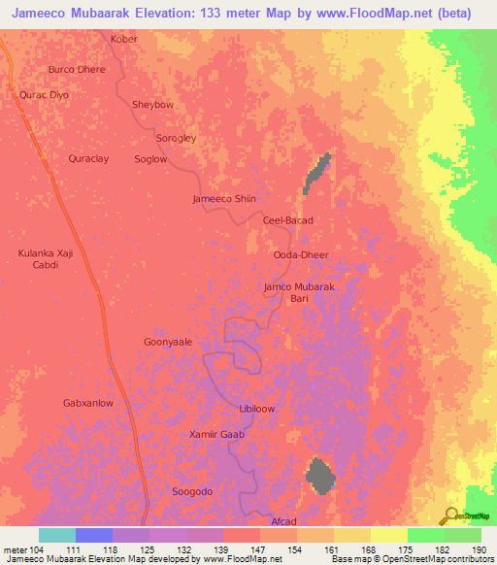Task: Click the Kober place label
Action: (x=124, y=39)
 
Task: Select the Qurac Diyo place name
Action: (x=45, y=95)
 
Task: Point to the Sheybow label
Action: (x=151, y=105)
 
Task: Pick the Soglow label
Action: (x=150, y=159)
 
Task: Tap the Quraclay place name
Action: (x=90, y=158)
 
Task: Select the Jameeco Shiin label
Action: (x=224, y=198)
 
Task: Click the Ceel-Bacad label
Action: (x=288, y=220)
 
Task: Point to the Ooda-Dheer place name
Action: (x=301, y=254)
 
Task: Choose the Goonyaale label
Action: (x=168, y=343)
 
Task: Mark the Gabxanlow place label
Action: (x=88, y=402)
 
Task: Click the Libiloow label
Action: (x=256, y=409)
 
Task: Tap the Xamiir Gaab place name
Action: (x=216, y=434)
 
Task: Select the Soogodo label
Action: (x=191, y=491)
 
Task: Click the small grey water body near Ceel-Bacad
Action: (x=317, y=172)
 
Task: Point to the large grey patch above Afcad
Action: (x=319, y=476)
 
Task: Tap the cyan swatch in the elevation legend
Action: (x=56, y=535)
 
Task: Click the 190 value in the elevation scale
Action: (x=478, y=550)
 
